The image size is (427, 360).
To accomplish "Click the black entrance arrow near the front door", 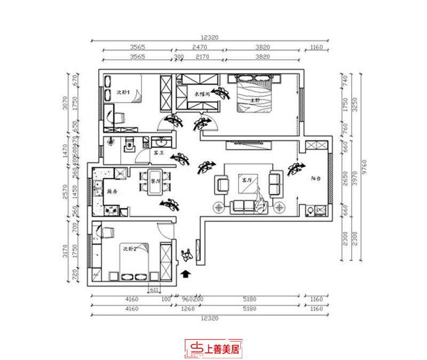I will (x=186, y=275).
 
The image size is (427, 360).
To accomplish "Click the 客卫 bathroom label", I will (x=159, y=152).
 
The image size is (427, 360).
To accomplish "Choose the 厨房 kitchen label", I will (x=112, y=191).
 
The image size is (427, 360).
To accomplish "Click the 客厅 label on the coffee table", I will (x=246, y=181).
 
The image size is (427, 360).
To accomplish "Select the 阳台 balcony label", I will (x=316, y=180).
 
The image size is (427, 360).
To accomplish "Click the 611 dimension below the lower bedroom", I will (x=153, y=290).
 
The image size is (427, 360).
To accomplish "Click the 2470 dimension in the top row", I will (x=199, y=48).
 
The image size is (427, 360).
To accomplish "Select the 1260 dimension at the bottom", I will (x=186, y=309).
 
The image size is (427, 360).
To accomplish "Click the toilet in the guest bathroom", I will (x=129, y=145).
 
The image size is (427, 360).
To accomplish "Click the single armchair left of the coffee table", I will (x=222, y=185).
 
